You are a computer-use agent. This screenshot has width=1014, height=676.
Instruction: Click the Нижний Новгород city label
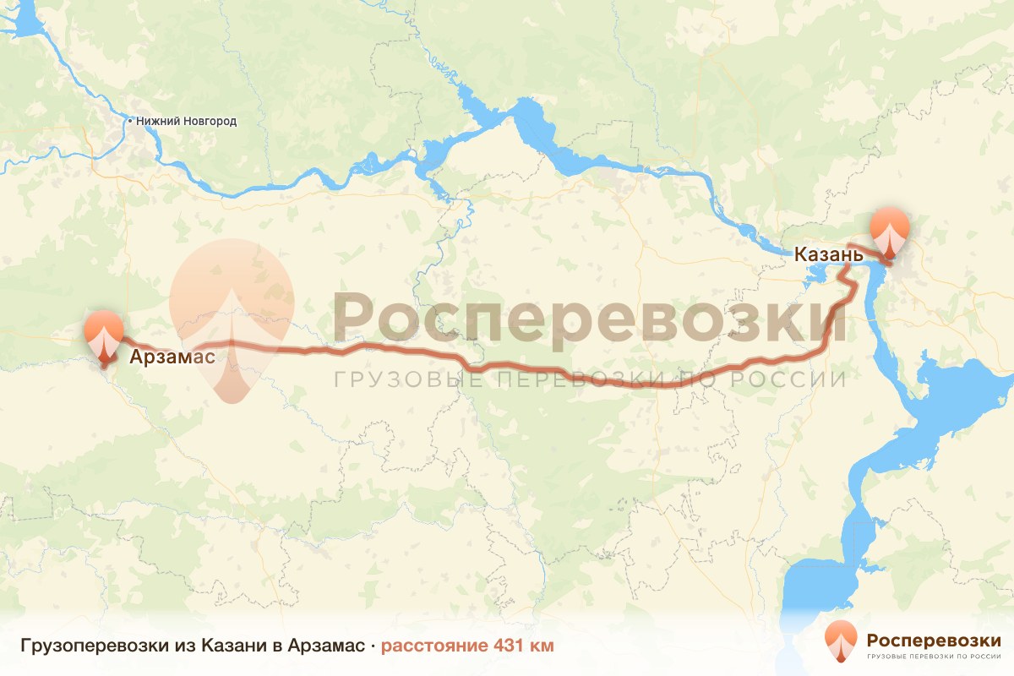coord(186,121)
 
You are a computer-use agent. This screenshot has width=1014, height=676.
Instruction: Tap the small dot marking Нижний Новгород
coord(129,121)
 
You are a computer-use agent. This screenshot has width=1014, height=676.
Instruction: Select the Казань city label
coord(828,253)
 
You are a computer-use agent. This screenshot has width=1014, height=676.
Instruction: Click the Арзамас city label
coord(172,357)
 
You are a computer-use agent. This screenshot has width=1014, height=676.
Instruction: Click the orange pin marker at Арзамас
coord(104,336)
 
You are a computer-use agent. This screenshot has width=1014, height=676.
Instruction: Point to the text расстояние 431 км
coord(467,646)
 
